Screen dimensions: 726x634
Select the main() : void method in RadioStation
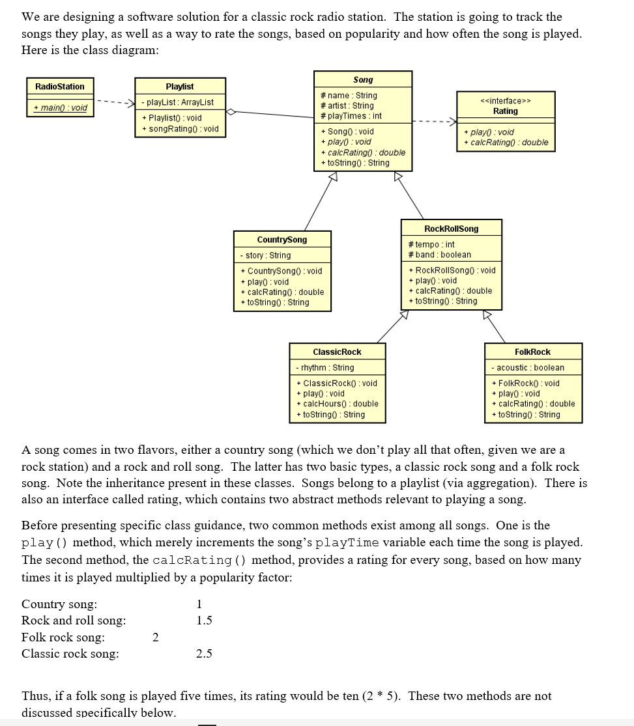tap(60, 107)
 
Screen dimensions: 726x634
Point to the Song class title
tap(363, 79)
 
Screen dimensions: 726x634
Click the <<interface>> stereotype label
tap(505, 100)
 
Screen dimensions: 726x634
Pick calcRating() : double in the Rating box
tap(506, 143)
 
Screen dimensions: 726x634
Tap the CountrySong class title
tap(282, 240)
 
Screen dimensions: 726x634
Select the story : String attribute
tap(265, 255)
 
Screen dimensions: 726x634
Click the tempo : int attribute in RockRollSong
tap(431, 244)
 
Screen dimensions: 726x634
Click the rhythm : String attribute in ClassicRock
tap(325, 367)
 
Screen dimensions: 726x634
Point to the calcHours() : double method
tap(337, 404)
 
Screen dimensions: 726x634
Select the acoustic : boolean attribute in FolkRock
tap(528, 367)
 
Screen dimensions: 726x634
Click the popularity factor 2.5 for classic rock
tap(204, 654)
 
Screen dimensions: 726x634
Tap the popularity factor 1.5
tap(204, 621)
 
